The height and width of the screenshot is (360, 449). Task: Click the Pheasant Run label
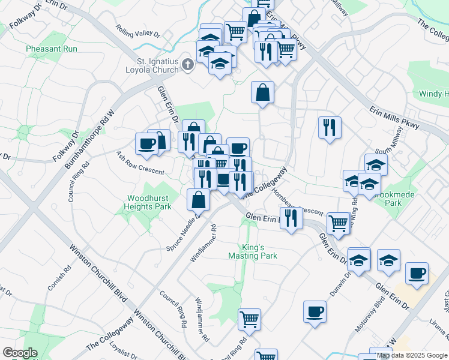click(46, 48)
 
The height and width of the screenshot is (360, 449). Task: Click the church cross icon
click(187, 65)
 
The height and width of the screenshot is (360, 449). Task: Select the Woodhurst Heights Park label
click(148, 202)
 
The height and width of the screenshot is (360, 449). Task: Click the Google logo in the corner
click(20, 353)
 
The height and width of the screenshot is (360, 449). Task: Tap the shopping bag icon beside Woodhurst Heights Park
click(198, 199)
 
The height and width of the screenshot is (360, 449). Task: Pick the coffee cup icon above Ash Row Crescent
click(146, 143)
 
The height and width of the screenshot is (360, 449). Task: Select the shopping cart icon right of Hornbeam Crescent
click(339, 223)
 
